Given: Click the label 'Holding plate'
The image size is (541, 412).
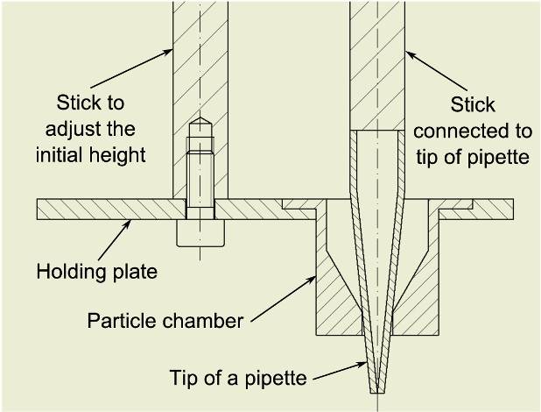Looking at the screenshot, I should coord(96,272).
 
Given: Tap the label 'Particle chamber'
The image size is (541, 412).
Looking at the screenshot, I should coord(165,320).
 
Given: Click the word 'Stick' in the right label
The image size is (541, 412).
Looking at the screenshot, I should coord(473,105).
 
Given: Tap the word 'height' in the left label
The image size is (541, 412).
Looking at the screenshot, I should coord(122,154).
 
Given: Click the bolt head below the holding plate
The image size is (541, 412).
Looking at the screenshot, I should coord(200,233).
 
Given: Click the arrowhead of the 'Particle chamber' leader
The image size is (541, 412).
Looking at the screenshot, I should coord(318,277).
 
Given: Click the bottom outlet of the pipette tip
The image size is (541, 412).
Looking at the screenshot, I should coord(376,391).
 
